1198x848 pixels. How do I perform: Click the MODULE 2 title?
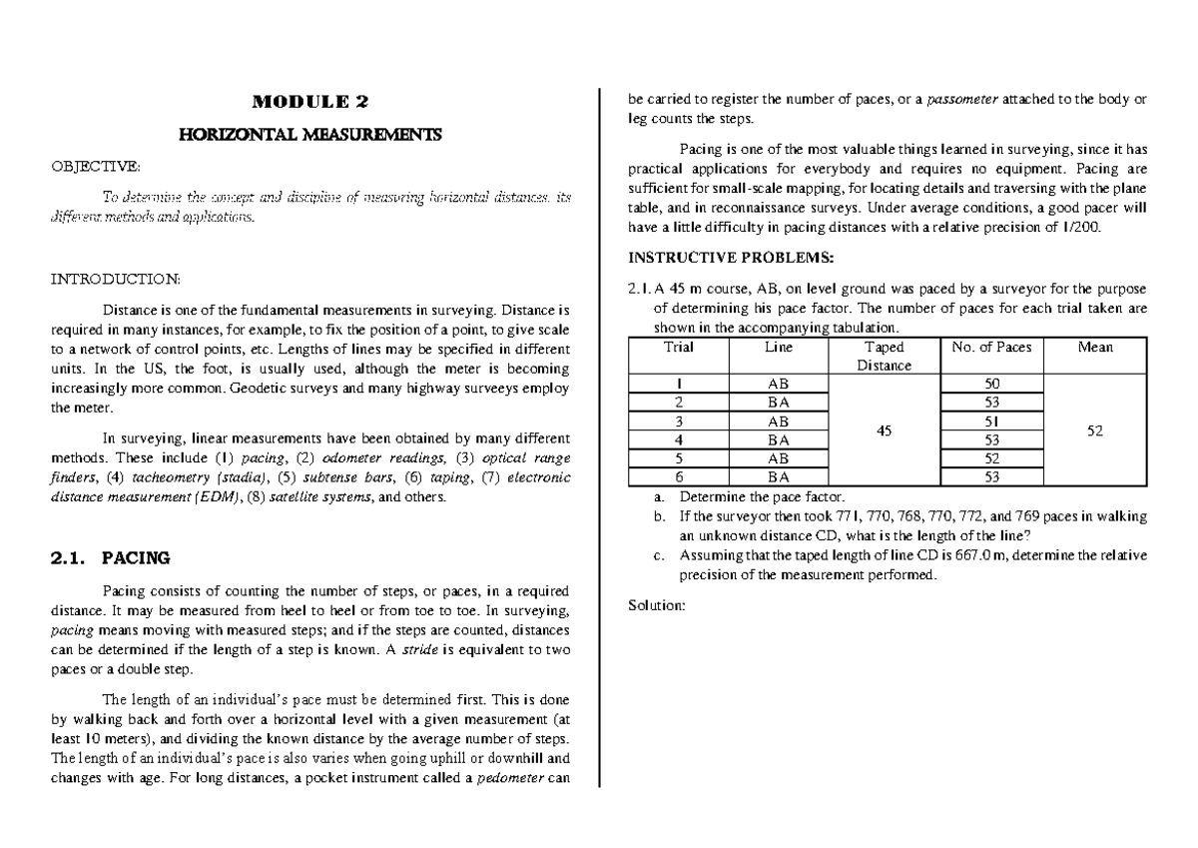click(x=309, y=102)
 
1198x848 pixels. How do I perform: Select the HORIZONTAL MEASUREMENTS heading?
click(x=309, y=135)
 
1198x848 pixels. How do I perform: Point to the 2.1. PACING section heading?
click(x=110, y=557)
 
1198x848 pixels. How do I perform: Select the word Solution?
click(x=655, y=604)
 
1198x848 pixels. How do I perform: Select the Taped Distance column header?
click(x=884, y=357)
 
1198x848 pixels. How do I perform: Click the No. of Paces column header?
click(x=991, y=348)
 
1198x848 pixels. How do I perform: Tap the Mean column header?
click(x=1095, y=348)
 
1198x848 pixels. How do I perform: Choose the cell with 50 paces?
click(x=991, y=384)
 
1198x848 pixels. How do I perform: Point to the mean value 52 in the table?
click(x=1095, y=430)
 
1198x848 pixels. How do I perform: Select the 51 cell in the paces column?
click(x=991, y=422)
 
